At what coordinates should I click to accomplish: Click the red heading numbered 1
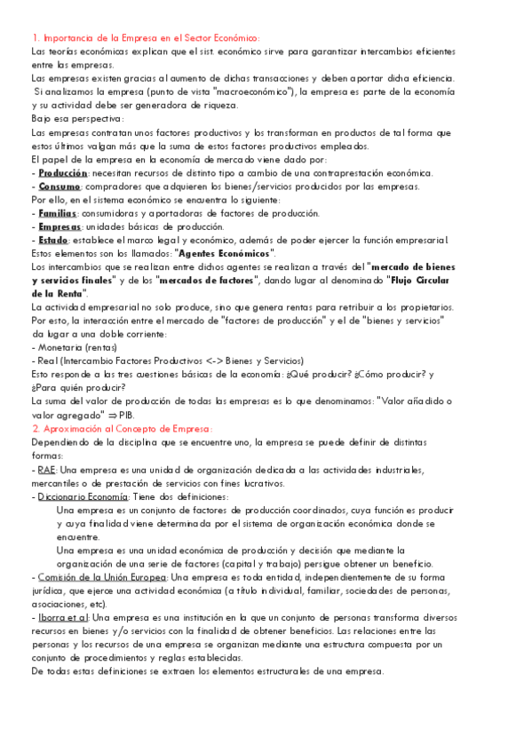click(145, 37)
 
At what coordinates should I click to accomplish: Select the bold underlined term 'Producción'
click(63, 173)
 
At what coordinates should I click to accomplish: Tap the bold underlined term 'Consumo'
click(60, 186)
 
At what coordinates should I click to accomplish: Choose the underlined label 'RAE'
click(47, 469)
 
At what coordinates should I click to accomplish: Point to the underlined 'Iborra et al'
click(62, 617)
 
